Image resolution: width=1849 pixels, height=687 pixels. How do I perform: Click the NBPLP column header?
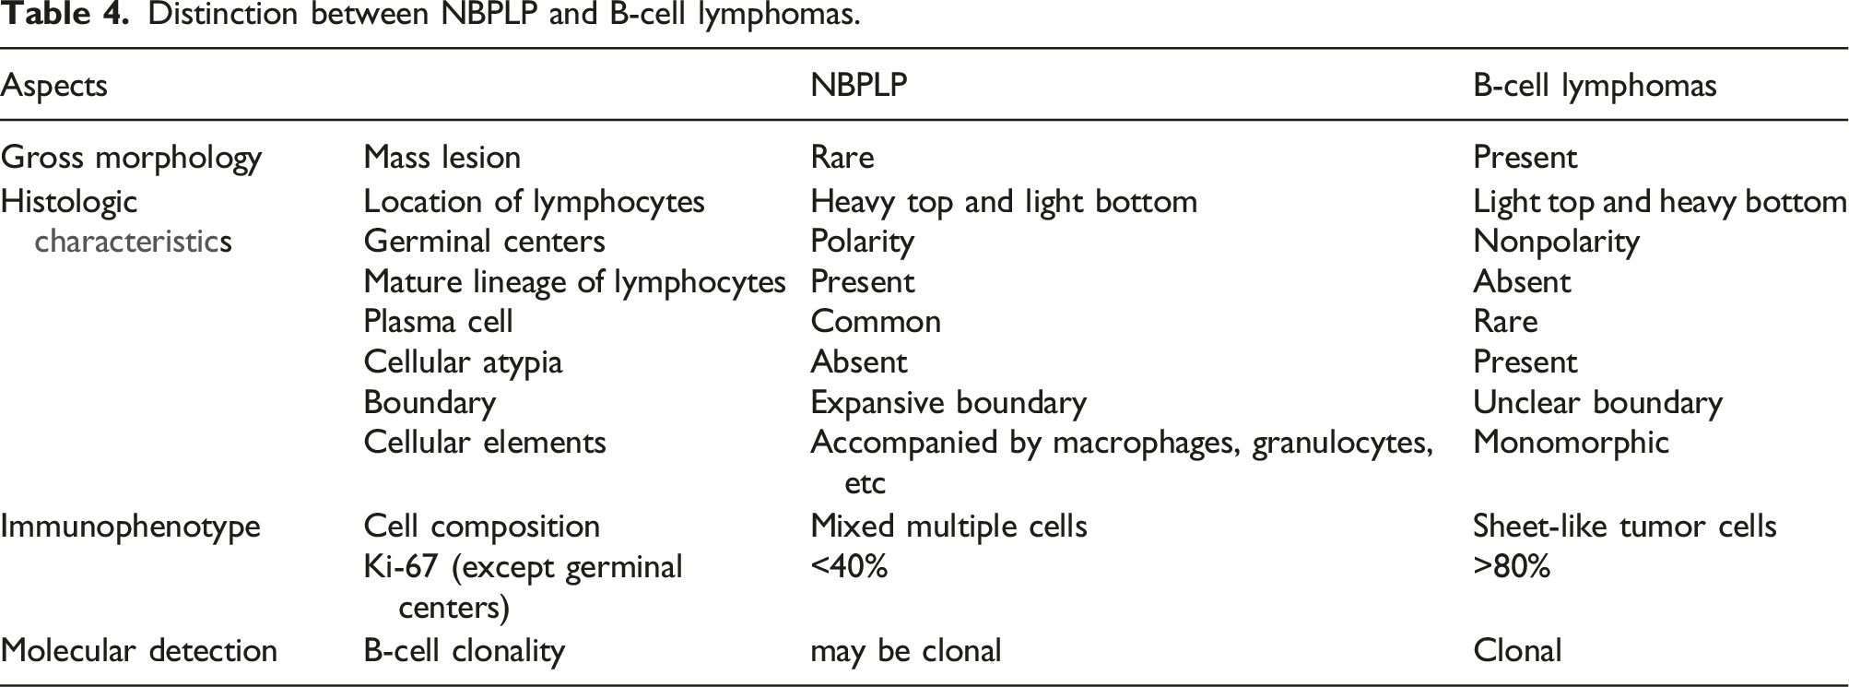(x=858, y=85)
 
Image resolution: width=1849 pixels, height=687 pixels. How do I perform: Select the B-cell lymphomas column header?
(x=1595, y=85)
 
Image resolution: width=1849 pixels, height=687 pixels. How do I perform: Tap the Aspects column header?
(x=53, y=86)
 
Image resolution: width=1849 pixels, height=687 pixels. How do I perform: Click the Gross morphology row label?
(x=131, y=158)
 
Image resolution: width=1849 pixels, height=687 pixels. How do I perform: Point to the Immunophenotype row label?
(x=130, y=527)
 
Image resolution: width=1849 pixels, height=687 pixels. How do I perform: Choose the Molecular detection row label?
(x=138, y=650)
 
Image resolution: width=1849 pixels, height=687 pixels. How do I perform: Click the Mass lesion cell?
(x=442, y=158)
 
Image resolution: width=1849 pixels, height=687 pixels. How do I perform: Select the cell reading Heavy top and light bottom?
(x=1004, y=202)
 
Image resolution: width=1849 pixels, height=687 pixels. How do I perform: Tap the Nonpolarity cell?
(x=1556, y=242)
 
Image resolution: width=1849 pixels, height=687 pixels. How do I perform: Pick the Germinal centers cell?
(x=485, y=242)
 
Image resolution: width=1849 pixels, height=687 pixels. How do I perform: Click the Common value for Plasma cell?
(x=876, y=321)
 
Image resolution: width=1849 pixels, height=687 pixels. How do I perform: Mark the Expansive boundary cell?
(x=948, y=403)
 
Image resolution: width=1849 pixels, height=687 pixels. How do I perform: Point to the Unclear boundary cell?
(x=1597, y=403)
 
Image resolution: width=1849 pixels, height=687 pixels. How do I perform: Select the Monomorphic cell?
(x=1571, y=443)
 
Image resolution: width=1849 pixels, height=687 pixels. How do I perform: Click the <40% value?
(x=849, y=566)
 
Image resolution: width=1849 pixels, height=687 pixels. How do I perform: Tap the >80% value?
(x=1512, y=566)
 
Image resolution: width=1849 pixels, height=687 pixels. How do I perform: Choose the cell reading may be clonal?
(x=905, y=651)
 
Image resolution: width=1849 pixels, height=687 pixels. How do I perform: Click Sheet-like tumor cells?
(x=1624, y=526)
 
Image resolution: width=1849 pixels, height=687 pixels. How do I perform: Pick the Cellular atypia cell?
(x=463, y=362)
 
